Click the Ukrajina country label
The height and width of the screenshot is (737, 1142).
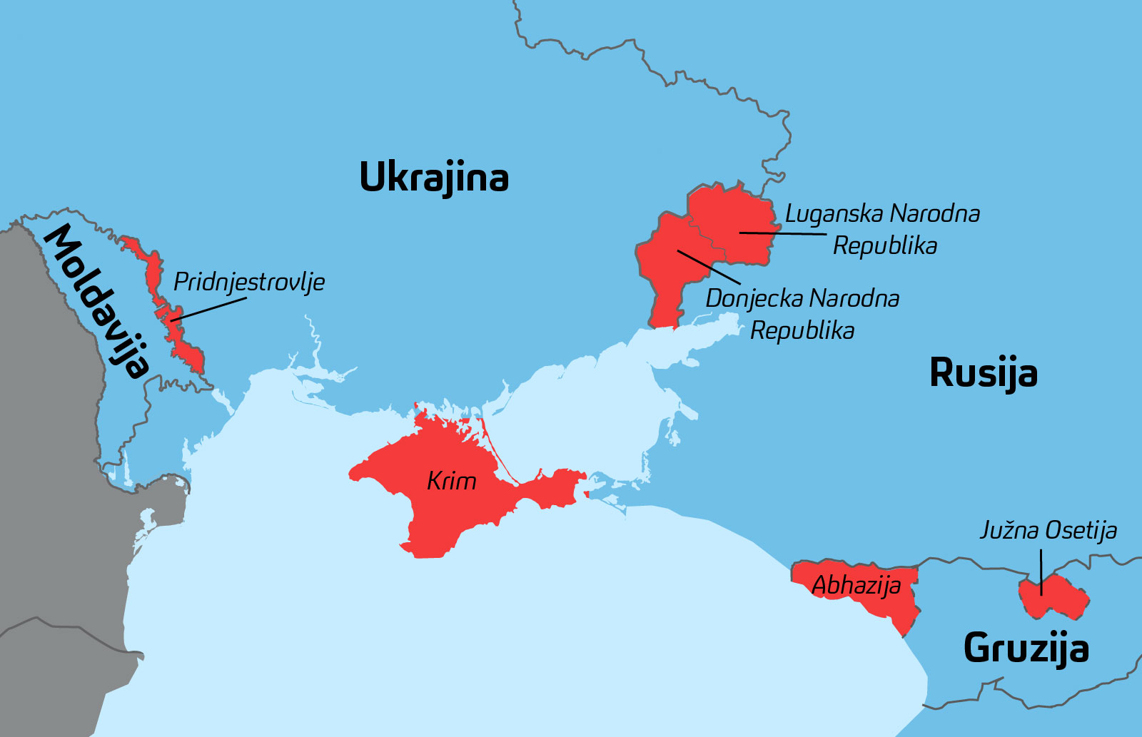click(433, 177)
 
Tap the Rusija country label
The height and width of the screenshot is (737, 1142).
click(983, 372)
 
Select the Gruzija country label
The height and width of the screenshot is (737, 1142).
click(1026, 648)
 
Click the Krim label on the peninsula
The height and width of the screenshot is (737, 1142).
click(451, 481)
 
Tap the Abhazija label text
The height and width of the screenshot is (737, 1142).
click(856, 586)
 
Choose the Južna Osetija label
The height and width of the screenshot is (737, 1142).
click(1048, 530)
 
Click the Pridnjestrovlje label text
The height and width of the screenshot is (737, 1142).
click(249, 282)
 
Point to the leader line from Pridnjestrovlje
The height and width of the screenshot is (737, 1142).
click(211, 308)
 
